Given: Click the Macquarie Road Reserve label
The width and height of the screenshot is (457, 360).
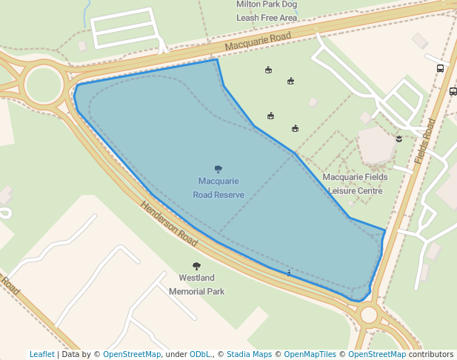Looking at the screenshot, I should coord(219,187).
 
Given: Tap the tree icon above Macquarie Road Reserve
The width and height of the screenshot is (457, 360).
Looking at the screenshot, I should coord(219,169).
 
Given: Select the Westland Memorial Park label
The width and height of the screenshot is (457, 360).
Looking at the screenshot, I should coord(196,284).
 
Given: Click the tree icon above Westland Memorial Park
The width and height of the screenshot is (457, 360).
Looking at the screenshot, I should coord(196,266).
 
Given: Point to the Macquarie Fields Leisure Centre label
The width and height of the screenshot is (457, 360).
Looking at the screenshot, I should coord(353,184).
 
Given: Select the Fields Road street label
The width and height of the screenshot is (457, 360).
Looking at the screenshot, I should coord(425,141).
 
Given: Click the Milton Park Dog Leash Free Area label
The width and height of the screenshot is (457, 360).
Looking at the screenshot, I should coord(267,11).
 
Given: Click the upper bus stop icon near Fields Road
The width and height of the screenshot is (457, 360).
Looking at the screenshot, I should coord(441,68).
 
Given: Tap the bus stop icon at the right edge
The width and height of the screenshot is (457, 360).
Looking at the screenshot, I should coord(453,92).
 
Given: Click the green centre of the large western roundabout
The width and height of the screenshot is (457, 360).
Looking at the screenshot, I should coord(44,84).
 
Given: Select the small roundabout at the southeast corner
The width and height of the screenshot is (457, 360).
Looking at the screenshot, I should coord(369,316).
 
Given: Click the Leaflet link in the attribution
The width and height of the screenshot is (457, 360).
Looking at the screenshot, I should coord(42,354).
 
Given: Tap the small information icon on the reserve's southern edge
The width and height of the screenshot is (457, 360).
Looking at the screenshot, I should coord(288,274).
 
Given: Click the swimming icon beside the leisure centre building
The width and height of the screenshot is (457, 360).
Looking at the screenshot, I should coord(398,138).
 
